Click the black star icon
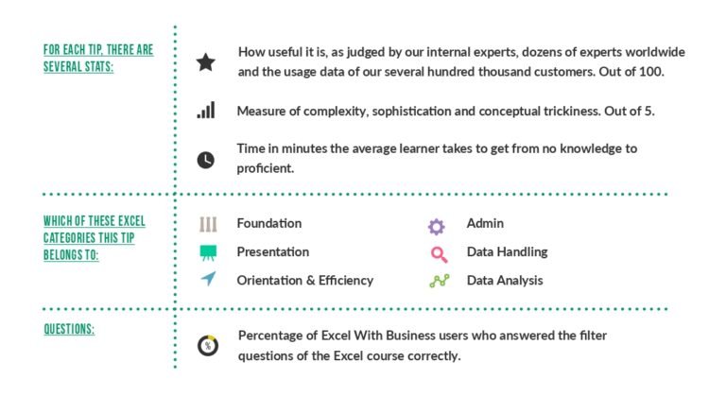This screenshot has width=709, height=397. pos(205,62)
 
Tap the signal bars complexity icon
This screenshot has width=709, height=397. pos(206,111)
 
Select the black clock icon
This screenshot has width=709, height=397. pos(206,160)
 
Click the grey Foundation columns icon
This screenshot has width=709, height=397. pos(208,224)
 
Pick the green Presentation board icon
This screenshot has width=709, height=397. pos(208,252)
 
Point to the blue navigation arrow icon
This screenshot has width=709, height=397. pos(209,279)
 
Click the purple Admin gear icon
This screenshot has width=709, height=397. pos(437,227)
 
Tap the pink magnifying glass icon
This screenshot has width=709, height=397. pos(439,254)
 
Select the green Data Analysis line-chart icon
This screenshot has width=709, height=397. pos(439,281)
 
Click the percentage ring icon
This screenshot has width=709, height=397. pos(208,346)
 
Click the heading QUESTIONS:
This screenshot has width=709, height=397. pos(69,329)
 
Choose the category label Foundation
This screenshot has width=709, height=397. pos(269,223)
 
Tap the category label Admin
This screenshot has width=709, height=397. pos(485,223)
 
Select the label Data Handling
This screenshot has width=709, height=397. pos(507,251)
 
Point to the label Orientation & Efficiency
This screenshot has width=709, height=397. pos(305,281)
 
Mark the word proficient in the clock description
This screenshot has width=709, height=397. pos(265,168)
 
